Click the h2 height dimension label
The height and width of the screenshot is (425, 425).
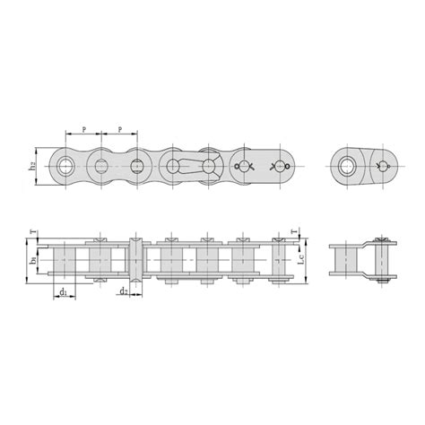32,166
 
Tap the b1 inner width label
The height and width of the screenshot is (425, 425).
33,262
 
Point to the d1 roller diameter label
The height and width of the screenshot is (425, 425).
63,292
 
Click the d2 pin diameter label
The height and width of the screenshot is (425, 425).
123,291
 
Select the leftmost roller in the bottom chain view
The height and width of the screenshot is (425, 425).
65,261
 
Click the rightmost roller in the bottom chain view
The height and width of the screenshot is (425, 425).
278,261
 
